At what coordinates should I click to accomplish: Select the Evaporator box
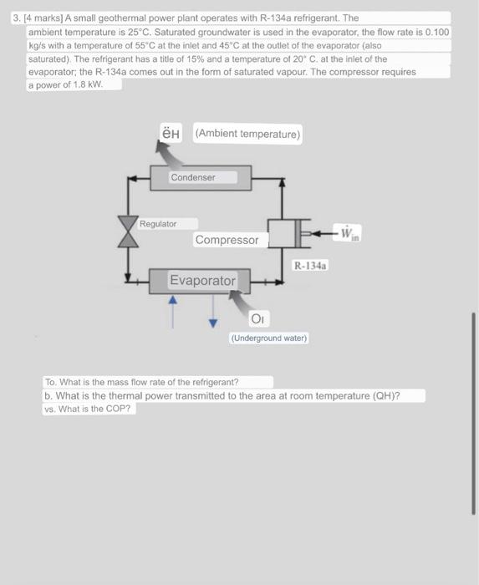[203, 281]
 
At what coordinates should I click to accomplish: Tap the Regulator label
[158, 224]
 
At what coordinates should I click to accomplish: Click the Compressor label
[227, 240]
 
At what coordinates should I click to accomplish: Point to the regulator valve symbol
[128, 230]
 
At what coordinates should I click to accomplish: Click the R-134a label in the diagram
[311, 265]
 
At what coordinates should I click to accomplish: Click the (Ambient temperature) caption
[248, 134]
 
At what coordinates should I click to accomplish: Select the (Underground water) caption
[269, 338]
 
